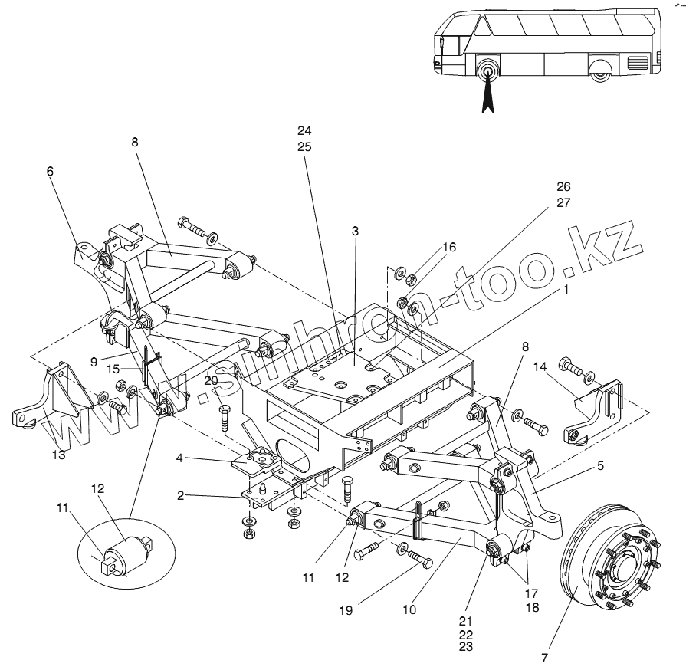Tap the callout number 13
click(58, 454)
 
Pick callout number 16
click(449, 247)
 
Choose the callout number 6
click(51, 172)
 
